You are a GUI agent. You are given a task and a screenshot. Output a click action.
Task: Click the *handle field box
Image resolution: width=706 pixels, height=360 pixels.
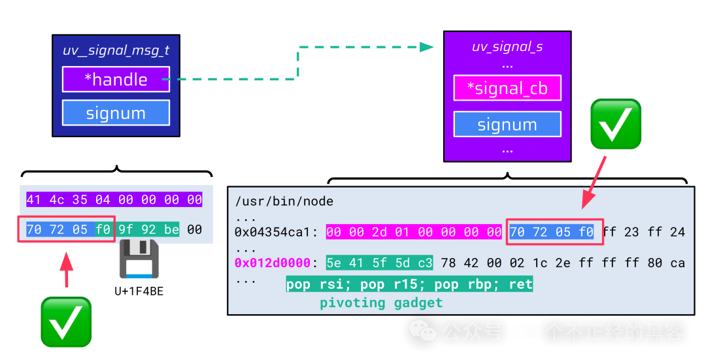point(116,80)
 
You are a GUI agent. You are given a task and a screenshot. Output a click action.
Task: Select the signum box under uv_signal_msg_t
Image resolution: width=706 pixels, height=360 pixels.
point(116,113)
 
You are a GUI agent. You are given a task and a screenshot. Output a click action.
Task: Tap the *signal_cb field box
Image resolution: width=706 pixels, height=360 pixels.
point(507,88)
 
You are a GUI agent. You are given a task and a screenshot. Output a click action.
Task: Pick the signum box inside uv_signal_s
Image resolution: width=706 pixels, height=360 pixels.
point(507,125)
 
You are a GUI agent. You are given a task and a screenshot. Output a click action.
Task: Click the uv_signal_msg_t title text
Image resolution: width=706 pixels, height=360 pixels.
point(116,50)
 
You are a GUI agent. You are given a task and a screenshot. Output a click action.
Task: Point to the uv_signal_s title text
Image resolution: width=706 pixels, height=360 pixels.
point(507,47)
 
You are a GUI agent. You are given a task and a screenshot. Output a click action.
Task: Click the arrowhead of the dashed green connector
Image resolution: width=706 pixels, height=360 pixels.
point(427,47)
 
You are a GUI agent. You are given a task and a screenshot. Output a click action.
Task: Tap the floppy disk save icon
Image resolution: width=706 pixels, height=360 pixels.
point(139,259)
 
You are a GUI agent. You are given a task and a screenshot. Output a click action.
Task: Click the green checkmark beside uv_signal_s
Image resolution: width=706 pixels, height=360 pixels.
point(616,124)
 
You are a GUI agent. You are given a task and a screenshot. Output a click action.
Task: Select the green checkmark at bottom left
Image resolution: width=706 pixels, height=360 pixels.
point(66,321)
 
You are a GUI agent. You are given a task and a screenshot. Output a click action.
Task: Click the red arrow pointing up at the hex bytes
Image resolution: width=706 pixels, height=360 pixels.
point(66,270)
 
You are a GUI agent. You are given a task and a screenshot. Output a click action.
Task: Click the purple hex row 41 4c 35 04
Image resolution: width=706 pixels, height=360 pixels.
point(114,199)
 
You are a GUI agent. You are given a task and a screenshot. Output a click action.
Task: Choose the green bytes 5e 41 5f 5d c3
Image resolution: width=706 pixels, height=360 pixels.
point(379,263)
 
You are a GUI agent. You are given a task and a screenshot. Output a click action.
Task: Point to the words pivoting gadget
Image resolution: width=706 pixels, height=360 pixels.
point(381,303)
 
